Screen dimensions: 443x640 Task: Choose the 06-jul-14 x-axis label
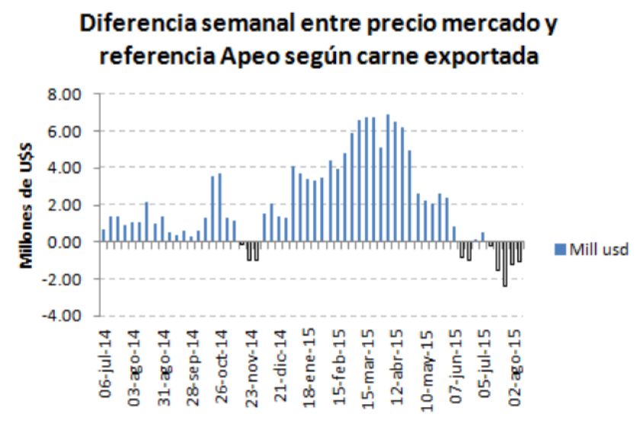coord(105,360)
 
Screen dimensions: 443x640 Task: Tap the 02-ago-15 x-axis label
coord(516,360)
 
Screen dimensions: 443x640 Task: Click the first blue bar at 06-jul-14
coord(104,235)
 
